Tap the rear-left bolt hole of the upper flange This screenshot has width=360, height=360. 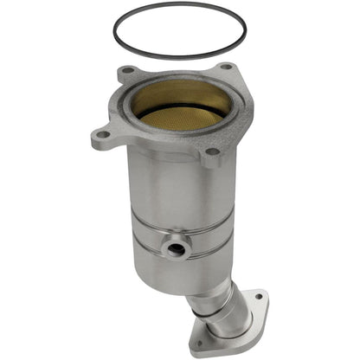[127, 70]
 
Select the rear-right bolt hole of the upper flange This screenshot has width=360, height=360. [226, 67]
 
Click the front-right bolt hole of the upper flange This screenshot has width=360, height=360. [210, 152]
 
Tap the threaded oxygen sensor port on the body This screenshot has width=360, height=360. [177, 249]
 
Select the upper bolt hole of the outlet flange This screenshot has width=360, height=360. [256, 298]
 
